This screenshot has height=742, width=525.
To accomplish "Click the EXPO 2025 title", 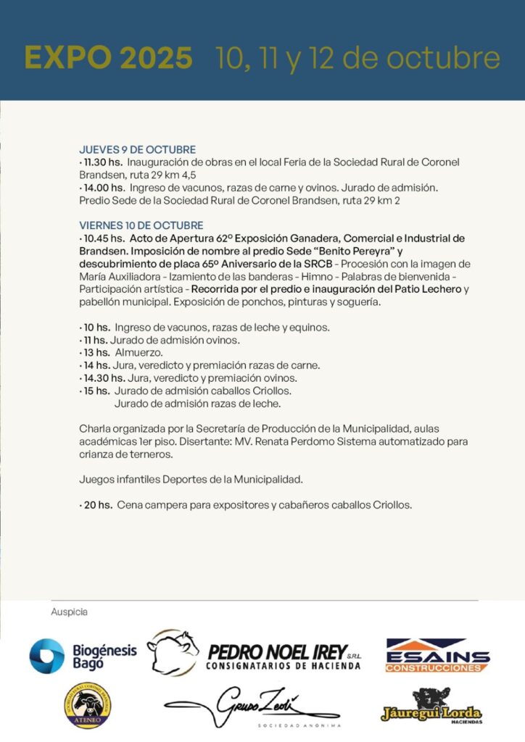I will [108, 57].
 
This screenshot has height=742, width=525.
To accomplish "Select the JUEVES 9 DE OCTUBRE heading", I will [137, 150].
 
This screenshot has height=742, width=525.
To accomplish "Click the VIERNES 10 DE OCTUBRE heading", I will [141, 226].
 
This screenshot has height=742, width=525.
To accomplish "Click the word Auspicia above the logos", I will [69, 612].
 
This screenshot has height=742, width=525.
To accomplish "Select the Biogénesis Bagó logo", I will [83, 656].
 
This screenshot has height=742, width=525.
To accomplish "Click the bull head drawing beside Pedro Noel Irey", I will [173, 651].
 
